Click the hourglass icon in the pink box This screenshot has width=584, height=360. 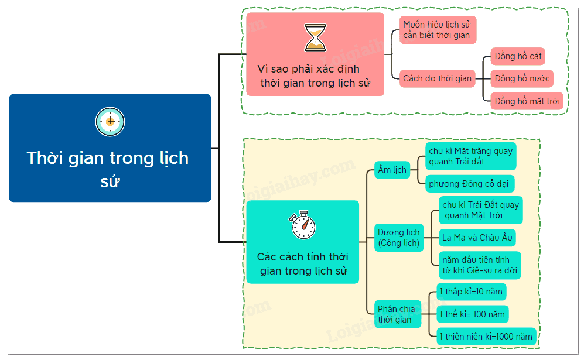(315, 37)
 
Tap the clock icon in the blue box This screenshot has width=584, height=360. (110, 122)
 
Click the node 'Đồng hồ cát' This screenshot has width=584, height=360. (518, 57)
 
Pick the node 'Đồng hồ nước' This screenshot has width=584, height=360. (522, 78)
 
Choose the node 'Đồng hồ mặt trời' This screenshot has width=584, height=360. (527, 101)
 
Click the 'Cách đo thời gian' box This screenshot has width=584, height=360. (437, 78)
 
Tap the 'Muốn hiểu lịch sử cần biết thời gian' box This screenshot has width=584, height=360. (438, 30)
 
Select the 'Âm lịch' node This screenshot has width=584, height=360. (392, 170)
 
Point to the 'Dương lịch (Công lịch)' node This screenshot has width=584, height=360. (399, 238)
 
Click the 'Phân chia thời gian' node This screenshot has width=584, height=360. (398, 314)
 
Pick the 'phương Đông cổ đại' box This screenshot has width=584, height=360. (470, 184)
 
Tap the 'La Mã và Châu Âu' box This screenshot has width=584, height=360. (477, 238)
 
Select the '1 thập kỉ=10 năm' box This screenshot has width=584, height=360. (471, 292)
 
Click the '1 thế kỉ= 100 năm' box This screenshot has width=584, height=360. (472, 314)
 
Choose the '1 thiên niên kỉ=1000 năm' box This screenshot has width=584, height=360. (486, 337)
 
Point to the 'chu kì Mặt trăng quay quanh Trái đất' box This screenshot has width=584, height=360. (471, 156)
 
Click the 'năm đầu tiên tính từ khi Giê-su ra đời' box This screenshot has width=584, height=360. (480, 265)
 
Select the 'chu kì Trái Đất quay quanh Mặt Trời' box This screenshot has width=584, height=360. (480, 210)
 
